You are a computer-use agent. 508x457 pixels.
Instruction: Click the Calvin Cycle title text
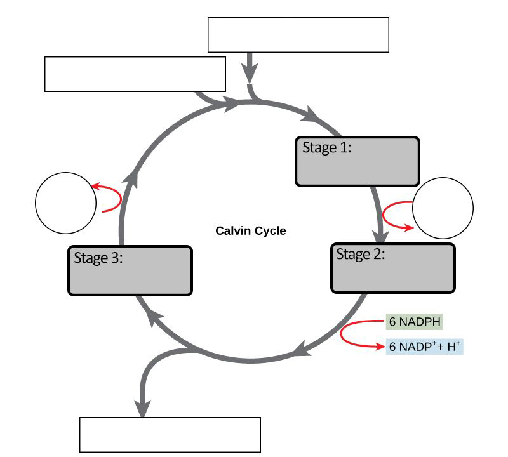[x=251, y=230]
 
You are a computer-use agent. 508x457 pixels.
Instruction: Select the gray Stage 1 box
[x=358, y=161]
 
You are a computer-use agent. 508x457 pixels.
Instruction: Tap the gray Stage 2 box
[x=393, y=268]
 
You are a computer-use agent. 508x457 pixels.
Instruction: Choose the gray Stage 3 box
[x=130, y=270]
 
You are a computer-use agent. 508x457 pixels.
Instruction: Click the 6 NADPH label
[x=414, y=322]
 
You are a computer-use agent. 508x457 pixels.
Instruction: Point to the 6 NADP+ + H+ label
[x=424, y=347]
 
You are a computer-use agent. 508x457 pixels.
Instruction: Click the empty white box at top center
[x=298, y=35]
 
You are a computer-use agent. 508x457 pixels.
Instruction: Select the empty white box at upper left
[x=135, y=74]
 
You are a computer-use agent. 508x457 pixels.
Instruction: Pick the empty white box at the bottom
[x=170, y=434]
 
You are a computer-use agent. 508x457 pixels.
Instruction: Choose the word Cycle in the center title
[x=271, y=230]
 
